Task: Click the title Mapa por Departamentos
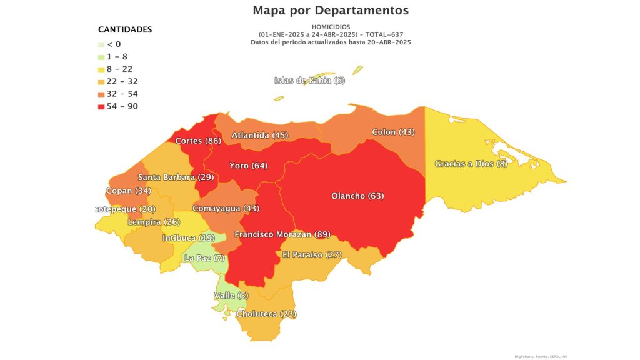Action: (x=331, y=11)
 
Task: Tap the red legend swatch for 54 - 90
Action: (x=102, y=107)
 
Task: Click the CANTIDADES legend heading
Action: (x=125, y=29)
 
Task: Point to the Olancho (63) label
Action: (x=357, y=196)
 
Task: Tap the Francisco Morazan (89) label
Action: (x=282, y=234)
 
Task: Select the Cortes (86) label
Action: (x=198, y=141)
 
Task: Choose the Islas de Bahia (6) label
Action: (x=309, y=81)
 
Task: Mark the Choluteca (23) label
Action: (x=266, y=314)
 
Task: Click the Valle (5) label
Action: (x=231, y=296)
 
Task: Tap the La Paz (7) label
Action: (x=204, y=258)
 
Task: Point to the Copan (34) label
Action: (x=129, y=190)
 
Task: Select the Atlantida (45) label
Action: (x=260, y=135)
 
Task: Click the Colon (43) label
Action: (x=393, y=132)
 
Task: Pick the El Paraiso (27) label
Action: (x=312, y=255)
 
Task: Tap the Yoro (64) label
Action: (x=248, y=166)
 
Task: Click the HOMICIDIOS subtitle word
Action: (x=331, y=27)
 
